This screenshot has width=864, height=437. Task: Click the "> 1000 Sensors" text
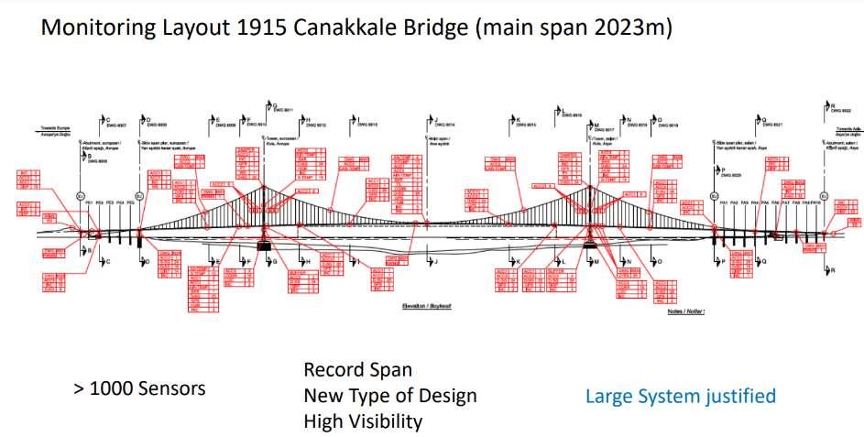[x=139, y=388]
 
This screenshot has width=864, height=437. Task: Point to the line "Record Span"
[x=357, y=371]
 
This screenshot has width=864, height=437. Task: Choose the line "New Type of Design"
[x=390, y=396]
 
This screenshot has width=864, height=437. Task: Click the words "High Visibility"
[x=363, y=421]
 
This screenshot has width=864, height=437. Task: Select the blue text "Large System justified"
[x=681, y=396]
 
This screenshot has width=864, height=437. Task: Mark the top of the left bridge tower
[x=265, y=182]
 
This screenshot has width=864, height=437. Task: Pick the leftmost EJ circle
[x=80, y=195]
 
